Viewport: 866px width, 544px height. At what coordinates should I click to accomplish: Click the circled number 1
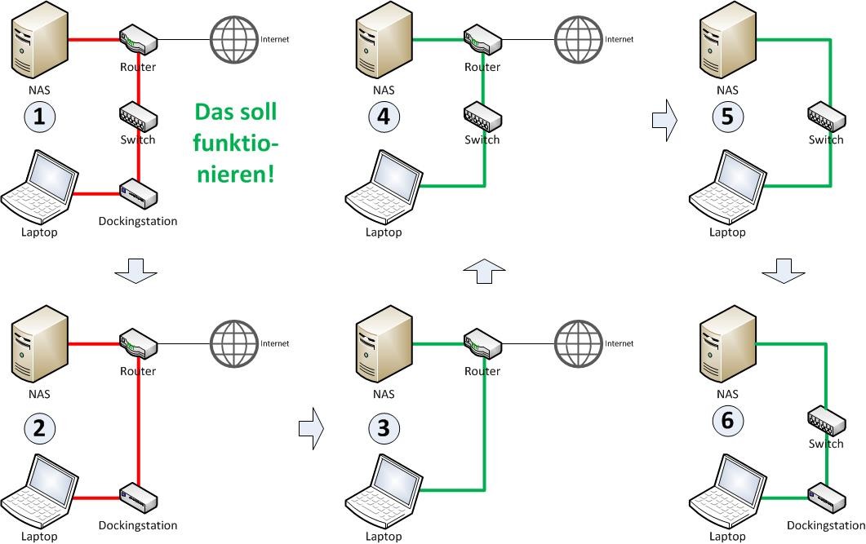[39, 117]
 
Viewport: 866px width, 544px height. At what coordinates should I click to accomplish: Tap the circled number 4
[384, 117]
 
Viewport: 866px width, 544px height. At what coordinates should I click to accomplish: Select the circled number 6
[727, 421]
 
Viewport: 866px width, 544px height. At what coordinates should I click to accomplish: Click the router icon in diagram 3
[482, 343]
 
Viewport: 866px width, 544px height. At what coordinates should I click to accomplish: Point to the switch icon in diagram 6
[826, 421]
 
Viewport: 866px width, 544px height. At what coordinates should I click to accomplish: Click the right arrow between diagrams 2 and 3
[311, 427]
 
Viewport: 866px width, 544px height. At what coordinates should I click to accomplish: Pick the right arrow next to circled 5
[665, 121]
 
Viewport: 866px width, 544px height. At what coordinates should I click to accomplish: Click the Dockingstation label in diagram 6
[826, 526]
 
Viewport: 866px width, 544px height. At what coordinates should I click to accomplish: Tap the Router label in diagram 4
[482, 67]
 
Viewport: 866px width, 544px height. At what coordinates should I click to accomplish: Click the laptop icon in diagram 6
[727, 492]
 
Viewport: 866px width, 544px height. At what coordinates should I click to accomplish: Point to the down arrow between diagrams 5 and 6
[783, 272]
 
